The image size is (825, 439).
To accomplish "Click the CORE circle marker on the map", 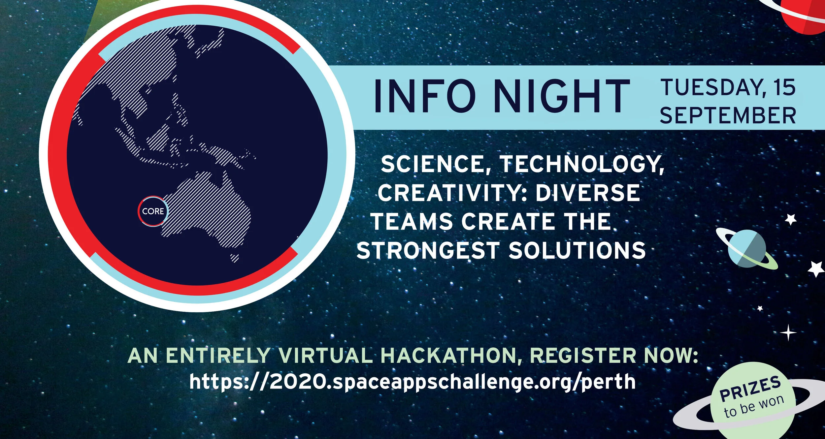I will (x=153, y=211).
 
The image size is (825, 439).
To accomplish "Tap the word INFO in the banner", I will (x=425, y=96).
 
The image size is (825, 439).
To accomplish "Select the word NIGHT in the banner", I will (x=562, y=96).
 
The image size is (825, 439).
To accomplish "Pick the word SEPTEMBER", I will (x=728, y=116).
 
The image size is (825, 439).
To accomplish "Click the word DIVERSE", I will (x=588, y=193).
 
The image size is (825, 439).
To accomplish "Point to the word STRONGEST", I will (x=428, y=251).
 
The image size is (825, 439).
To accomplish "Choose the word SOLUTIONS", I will (x=577, y=251).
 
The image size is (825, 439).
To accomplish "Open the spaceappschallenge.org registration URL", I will (x=412, y=382).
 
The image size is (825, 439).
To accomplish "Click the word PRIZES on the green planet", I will (x=750, y=389).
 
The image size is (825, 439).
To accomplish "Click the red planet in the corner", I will (x=805, y=15).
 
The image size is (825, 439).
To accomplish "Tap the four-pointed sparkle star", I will (x=788, y=332).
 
